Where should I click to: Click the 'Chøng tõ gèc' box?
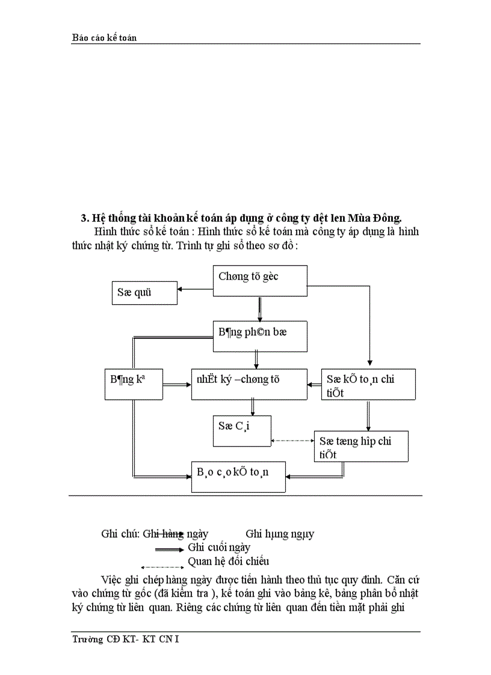260,281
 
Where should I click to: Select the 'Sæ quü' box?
144,293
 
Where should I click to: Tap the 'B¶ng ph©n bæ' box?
260,336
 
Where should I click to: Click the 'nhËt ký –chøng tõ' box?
249,384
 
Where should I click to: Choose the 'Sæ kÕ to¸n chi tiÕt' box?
368,384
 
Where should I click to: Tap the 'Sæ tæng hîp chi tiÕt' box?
361,446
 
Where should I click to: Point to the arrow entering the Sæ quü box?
195,290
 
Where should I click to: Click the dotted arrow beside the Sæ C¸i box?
293,441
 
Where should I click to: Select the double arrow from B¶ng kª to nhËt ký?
177,385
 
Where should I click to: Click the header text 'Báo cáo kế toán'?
104,38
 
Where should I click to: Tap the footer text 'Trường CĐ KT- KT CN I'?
125,639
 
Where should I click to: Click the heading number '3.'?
85,217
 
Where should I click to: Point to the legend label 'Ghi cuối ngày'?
219,548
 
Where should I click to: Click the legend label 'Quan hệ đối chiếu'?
229,561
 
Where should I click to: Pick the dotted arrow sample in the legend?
161,566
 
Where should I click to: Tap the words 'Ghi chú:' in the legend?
120,534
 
